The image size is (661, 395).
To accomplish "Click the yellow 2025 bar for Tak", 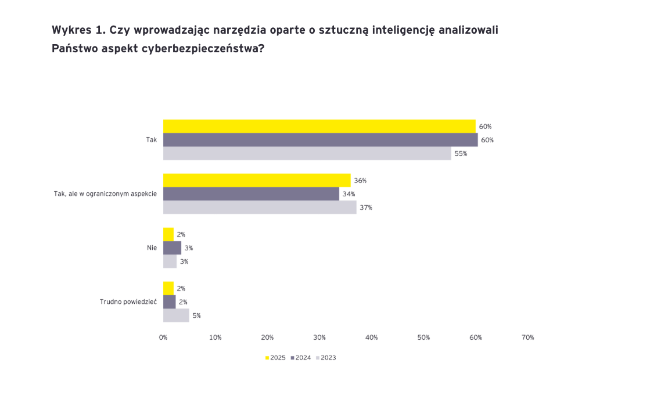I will [319, 126].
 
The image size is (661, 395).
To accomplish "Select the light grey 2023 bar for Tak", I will [307, 153].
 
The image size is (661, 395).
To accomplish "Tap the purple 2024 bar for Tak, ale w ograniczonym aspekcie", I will [251, 194].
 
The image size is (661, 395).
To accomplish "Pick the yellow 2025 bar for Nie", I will [168, 234].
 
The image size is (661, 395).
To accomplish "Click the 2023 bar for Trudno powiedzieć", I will [176, 315].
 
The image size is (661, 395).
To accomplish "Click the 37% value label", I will [366, 207].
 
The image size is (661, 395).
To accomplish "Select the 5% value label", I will [197, 315].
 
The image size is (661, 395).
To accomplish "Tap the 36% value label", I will [360, 181].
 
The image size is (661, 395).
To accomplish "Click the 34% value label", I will [349, 194].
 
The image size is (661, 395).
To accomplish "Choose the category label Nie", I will [152, 248].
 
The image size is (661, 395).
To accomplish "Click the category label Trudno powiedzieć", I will [128, 302].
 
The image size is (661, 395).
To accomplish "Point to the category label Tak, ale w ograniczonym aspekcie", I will [105, 194].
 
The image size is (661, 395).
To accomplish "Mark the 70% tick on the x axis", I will [527, 337].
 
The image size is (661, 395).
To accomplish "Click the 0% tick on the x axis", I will [163, 337].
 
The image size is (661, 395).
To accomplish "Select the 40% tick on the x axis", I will [371, 337].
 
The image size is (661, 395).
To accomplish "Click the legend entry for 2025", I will [275, 358].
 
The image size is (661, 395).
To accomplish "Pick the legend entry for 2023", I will [326, 358].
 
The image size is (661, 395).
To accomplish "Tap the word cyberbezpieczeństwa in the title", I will [202, 49].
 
